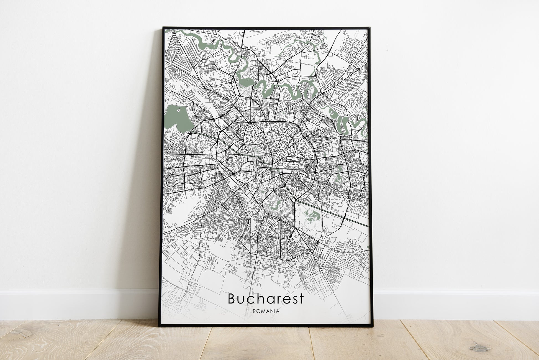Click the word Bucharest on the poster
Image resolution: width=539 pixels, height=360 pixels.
coord(266,299)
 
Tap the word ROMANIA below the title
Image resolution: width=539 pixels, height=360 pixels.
coord(266,311)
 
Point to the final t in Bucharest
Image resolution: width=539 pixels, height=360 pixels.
coord(302,299)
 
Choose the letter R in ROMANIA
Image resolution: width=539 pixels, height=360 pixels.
coord(255,311)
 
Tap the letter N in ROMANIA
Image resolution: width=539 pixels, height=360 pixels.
coord(273,311)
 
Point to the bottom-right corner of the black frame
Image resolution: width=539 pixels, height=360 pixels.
coord(373,326)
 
